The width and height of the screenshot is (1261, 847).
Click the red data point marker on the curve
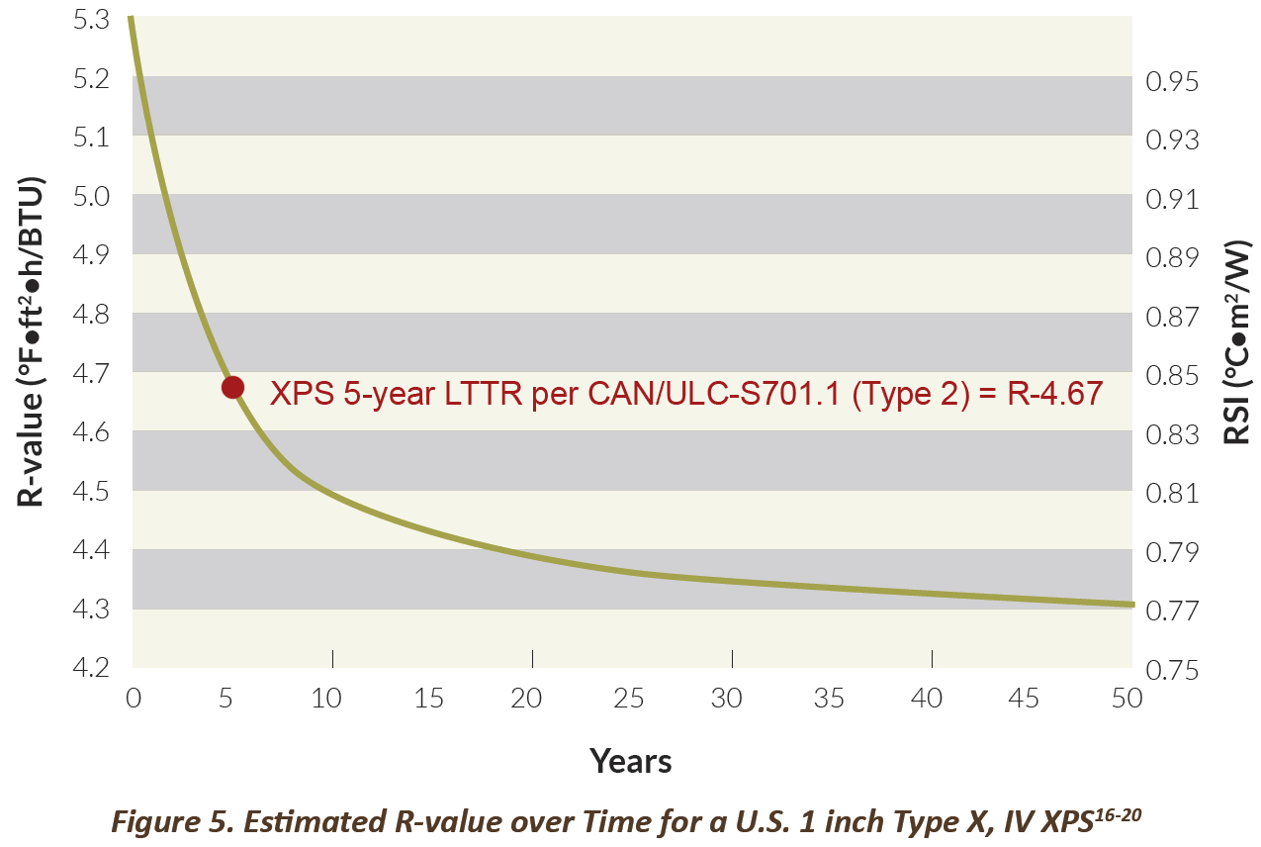tap(232, 387)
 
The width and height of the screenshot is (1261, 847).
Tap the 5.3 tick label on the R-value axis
tap(91, 19)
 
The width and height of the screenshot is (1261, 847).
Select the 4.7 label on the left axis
tap(91, 373)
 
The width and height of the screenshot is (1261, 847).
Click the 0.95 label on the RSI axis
tap(1171, 81)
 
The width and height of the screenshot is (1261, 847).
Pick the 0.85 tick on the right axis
tap(1171, 375)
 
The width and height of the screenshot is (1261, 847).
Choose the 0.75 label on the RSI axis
tap(1171, 670)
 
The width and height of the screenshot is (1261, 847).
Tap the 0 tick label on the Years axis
tap(134, 699)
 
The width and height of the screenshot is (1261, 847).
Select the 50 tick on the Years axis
tap(1126, 699)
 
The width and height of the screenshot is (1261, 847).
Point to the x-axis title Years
tap(631, 761)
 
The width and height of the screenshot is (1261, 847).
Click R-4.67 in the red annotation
tap(1052, 394)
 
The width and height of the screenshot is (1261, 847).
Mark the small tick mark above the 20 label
tap(532, 658)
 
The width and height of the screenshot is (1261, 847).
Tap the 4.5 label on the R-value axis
tap(91, 491)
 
